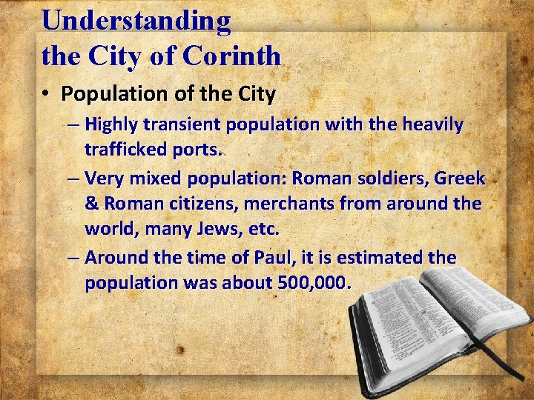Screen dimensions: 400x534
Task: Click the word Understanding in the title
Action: coord(136,20)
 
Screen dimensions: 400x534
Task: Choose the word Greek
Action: coord(459,178)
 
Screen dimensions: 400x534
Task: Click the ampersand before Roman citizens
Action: coord(92,203)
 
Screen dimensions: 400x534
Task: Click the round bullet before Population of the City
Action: coord(46,94)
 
